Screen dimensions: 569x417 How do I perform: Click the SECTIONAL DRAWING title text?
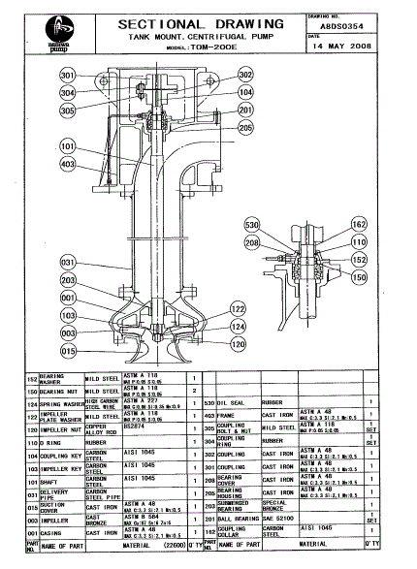[x=201, y=22]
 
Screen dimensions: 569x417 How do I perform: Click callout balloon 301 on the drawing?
[x=68, y=76]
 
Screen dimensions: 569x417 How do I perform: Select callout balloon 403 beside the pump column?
[x=68, y=165]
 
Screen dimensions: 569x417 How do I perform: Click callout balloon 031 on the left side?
[x=68, y=262]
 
